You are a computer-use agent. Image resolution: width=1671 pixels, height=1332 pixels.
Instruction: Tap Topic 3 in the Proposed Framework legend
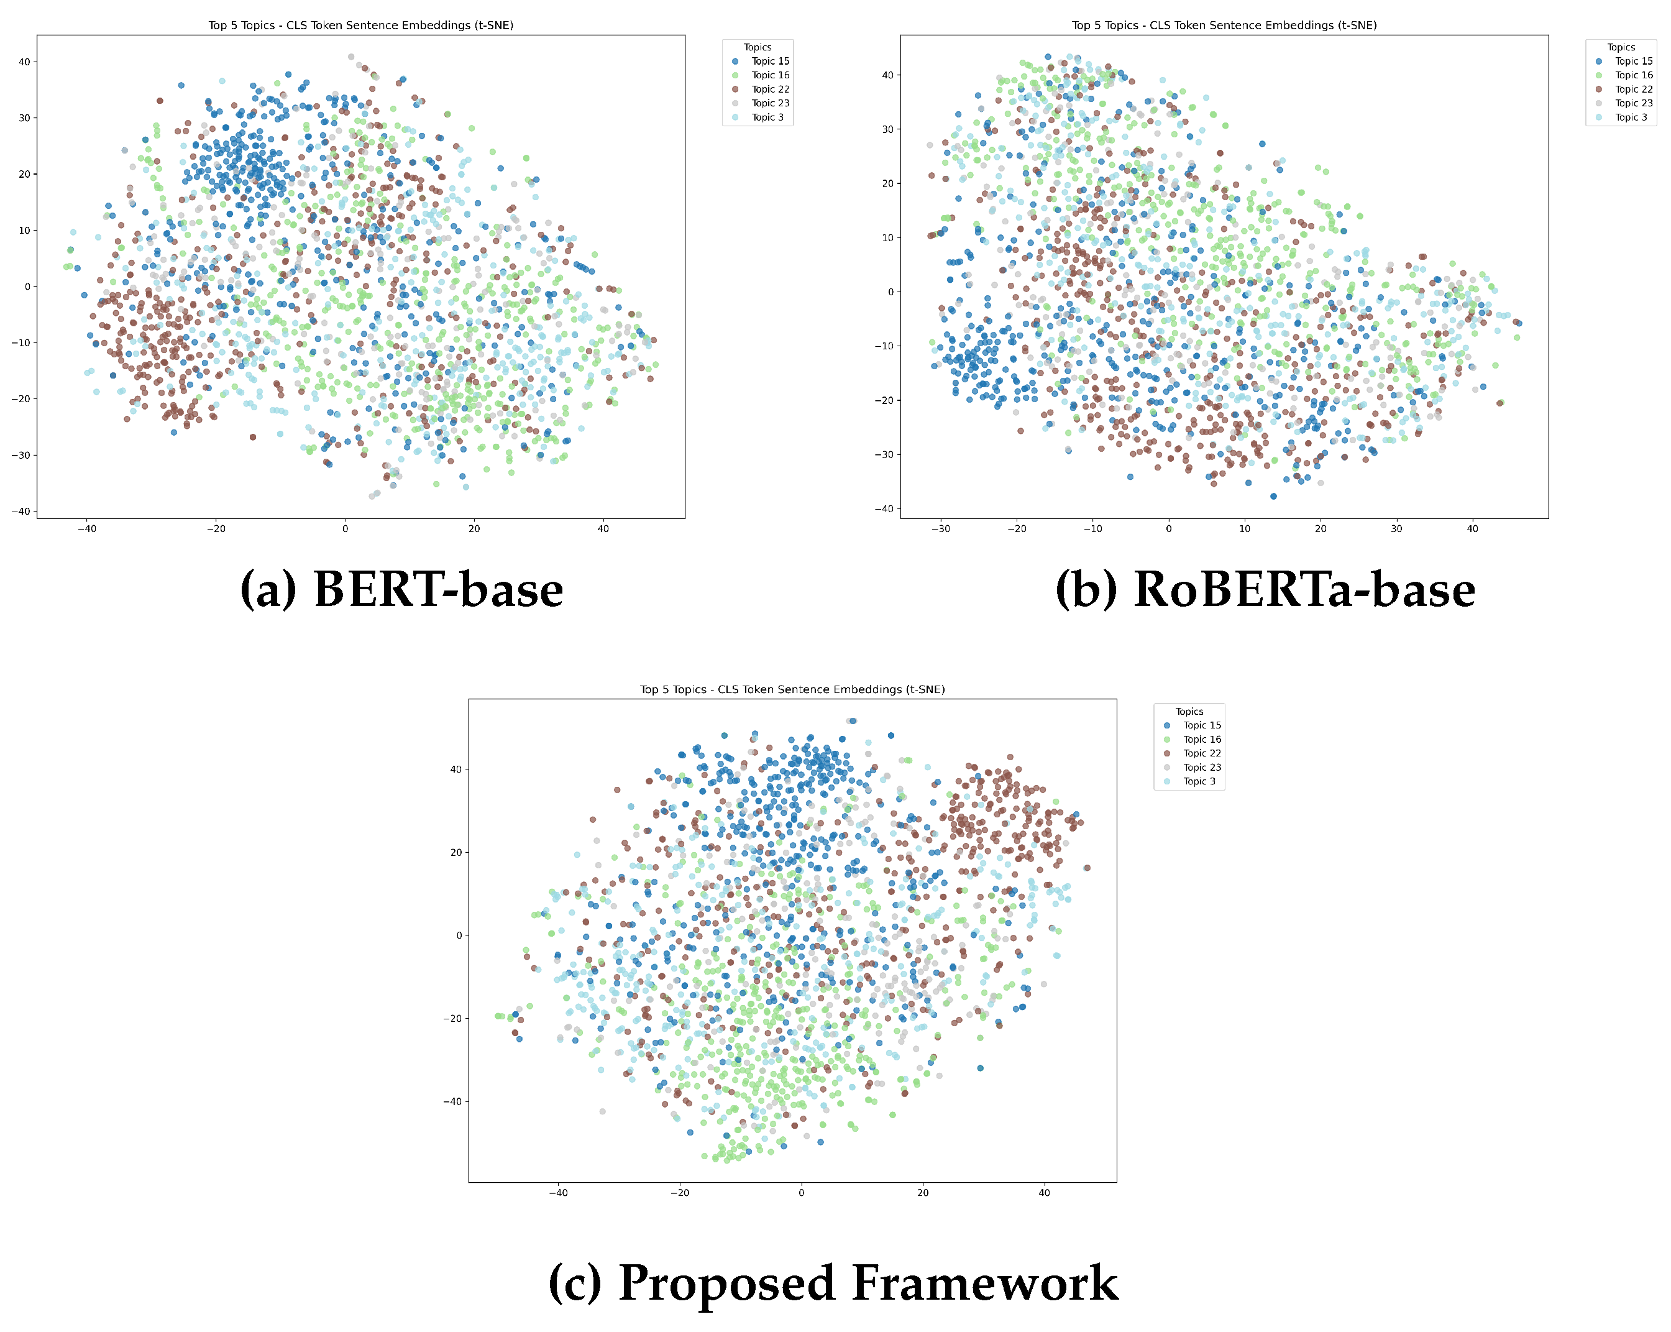pos(1199,781)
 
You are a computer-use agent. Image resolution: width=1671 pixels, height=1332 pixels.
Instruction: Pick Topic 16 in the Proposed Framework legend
pos(1201,740)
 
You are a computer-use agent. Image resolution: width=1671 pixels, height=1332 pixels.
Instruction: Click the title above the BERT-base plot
pos(360,25)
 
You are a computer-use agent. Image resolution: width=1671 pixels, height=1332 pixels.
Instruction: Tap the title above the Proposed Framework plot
pos(792,689)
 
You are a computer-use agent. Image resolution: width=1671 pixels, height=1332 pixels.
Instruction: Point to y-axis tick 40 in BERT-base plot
pos(24,62)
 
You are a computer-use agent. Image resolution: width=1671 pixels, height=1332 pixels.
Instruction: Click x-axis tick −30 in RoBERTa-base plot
pos(940,529)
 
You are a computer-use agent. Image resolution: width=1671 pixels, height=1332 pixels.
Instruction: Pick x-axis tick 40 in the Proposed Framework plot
pos(1044,1192)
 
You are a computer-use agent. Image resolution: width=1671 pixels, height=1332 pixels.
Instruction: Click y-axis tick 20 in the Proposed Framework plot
pos(456,853)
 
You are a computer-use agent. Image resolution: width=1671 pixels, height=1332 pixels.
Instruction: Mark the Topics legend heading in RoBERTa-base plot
pos(1621,47)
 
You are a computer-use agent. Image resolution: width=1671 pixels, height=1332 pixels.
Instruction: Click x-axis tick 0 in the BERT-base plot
pos(345,529)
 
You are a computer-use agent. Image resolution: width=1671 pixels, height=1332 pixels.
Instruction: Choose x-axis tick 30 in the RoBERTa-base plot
pos(1396,529)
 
